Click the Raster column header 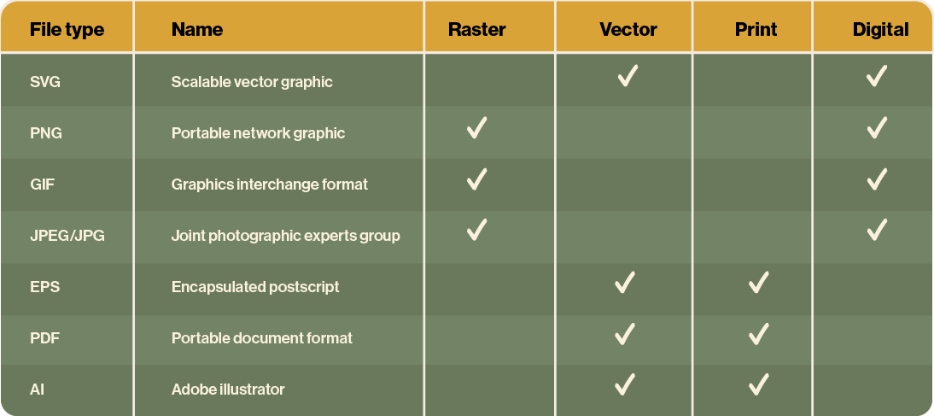click(476, 29)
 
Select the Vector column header click(628, 29)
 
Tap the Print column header click(756, 29)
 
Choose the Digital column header click(880, 29)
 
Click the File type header click(67, 30)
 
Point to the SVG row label click(45, 82)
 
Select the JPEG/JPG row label click(67, 236)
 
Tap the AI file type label click(37, 390)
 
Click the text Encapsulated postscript click(255, 287)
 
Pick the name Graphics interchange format click(269, 185)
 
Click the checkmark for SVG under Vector click(628, 76)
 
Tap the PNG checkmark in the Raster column click(476, 127)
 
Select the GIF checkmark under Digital click(877, 179)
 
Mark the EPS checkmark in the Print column click(758, 282)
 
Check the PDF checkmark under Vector click(624, 333)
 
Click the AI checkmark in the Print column click(758, 384)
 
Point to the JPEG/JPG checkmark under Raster click(476, 230)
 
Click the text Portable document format click(261, 338)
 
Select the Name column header click(197, 29)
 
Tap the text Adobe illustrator click(228, 390)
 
